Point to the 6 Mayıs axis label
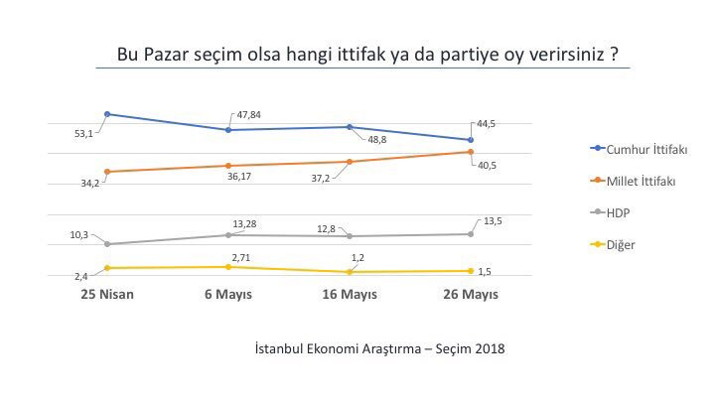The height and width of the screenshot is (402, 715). click(228, 295)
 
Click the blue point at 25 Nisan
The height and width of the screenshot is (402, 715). click(106, 114)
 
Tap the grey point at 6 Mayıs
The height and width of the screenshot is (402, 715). click(228, 235)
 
